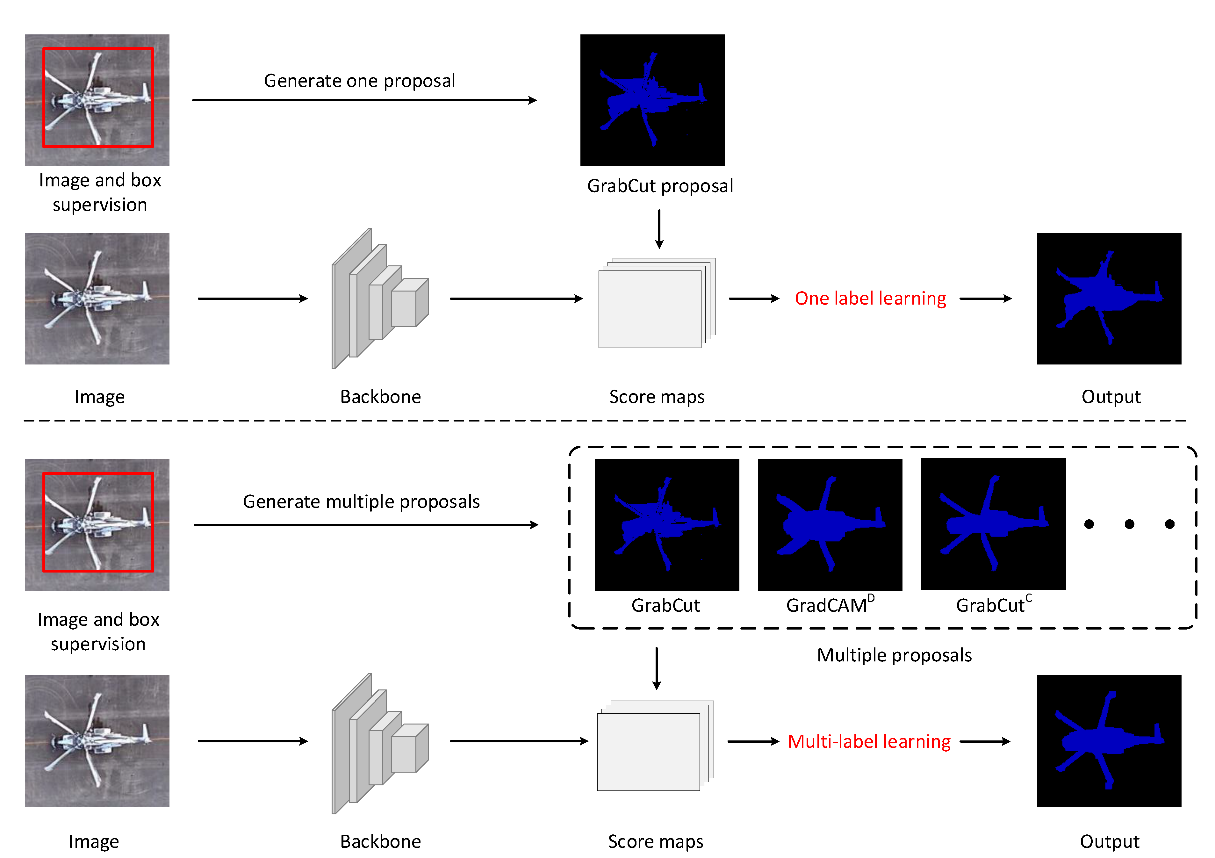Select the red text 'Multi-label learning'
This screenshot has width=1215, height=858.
(x=869, y=742)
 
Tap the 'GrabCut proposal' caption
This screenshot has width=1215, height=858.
(x=660, y=186)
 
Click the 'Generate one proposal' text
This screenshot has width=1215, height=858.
(x=359, y=81)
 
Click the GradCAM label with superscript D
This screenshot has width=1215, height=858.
(x=829, y=604)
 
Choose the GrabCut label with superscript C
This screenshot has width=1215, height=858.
(x=993, y=604)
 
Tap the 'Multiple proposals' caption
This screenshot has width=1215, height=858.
(x=894, y=655)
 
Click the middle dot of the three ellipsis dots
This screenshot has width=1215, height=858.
(x=1129, y=524)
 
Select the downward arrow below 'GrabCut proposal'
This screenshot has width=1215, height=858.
(x=659, y=229)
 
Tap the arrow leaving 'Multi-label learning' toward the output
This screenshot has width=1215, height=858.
(x=984, y=742)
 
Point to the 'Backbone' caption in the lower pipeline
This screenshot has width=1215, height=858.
(x=380, y=841)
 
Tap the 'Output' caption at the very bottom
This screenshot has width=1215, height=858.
(x=1109, y=841)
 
